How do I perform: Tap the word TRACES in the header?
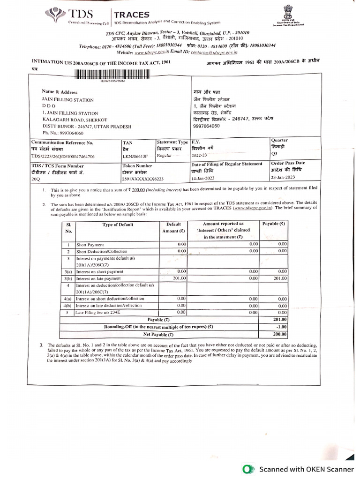[132, 15]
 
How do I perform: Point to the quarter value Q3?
[275, 153]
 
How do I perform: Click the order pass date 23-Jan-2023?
[283, 177]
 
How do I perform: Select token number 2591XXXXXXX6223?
[143, 179]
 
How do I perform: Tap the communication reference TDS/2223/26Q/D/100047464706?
[63, 157]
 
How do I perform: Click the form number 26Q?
[36, 179]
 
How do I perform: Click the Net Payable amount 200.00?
[280, 334]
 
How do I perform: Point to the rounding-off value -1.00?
[281, 327]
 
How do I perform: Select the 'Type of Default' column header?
[118, 225]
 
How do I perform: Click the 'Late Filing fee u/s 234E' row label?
[98, 312]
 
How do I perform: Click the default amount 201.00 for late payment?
[180, 278]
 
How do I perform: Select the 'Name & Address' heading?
[60, 92]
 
